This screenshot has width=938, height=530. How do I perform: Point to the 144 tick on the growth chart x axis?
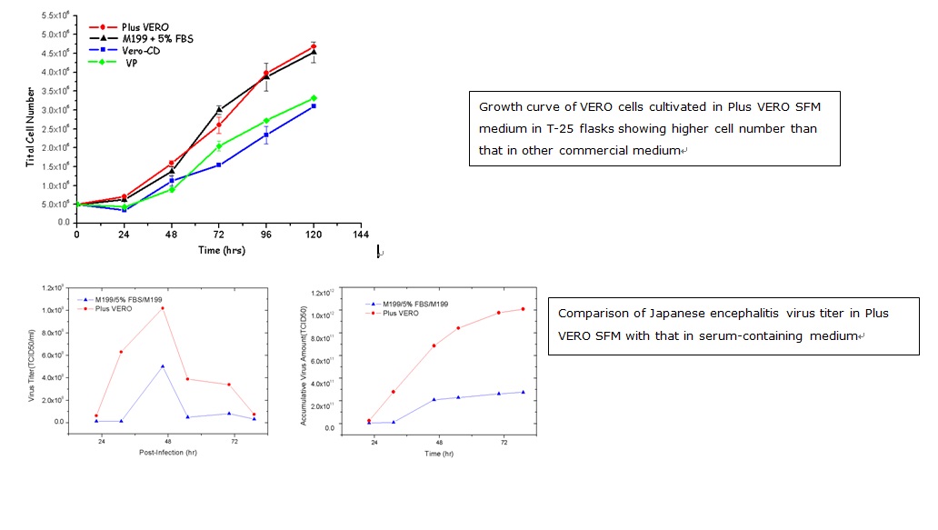click(x=360, y=234)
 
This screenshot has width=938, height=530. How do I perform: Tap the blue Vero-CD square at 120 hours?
click(x=314, y=106)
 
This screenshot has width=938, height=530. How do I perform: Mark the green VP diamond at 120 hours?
click(x=314, y=98)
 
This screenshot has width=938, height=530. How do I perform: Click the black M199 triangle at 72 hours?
click(x=219, y=109)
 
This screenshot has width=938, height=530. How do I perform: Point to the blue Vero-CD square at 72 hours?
click(x=219, y=165)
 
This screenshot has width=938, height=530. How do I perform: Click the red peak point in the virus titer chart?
click(x=163, y=308)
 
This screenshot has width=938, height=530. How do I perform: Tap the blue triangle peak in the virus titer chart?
click(x=163, y=366)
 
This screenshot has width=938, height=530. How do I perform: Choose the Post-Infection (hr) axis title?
click(x=165, y=452)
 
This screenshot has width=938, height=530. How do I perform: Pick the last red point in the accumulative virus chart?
click(x=524, y=309)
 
